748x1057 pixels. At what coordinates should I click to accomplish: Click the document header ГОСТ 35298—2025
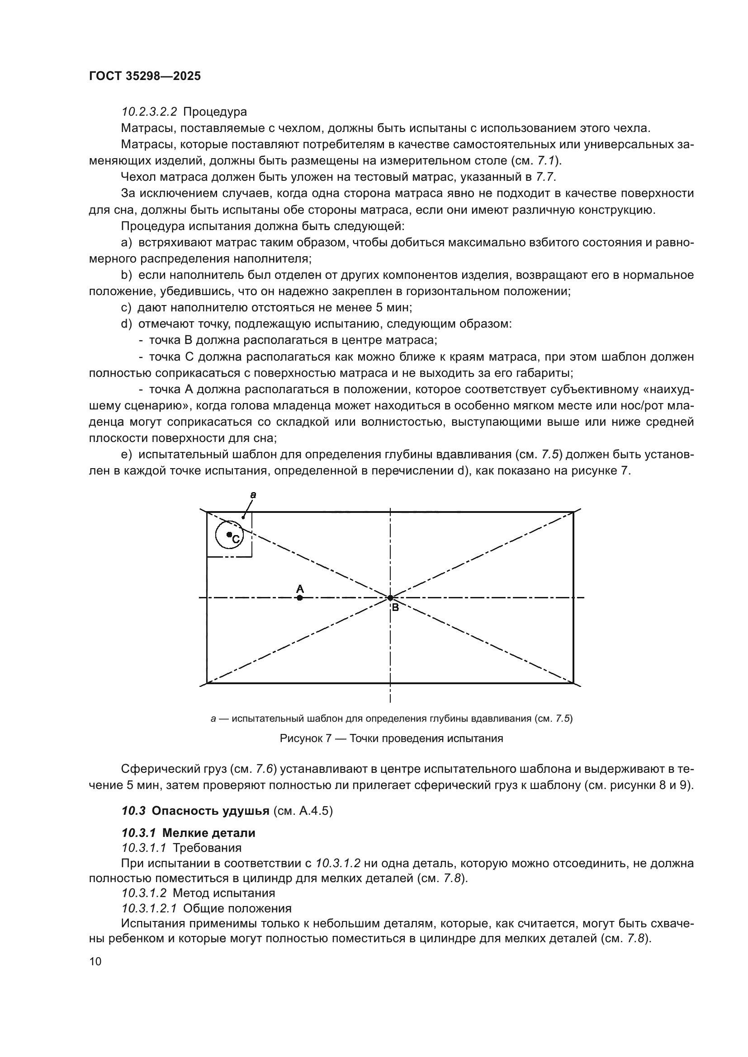click(x=145, y=76)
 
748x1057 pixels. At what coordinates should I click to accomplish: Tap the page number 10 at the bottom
click(x=95, y=961)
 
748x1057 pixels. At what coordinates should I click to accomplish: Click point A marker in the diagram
click(x=300, y=597)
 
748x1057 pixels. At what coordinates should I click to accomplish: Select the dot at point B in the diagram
click(x=390, y=597)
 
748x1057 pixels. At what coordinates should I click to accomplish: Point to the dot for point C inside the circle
click(x=229, y=534)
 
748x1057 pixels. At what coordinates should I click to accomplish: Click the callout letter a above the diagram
click(x=253, y=495)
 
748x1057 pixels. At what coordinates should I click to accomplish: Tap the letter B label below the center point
click(x=395, y=608)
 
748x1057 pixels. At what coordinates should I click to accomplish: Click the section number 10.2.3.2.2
click(x=148, y=112)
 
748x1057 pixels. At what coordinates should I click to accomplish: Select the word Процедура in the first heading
click(x=215, y=112)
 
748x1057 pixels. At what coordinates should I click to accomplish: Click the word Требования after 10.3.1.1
click(x=207, y=847)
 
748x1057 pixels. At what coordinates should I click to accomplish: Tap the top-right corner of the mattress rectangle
click(x=573, y=512)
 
